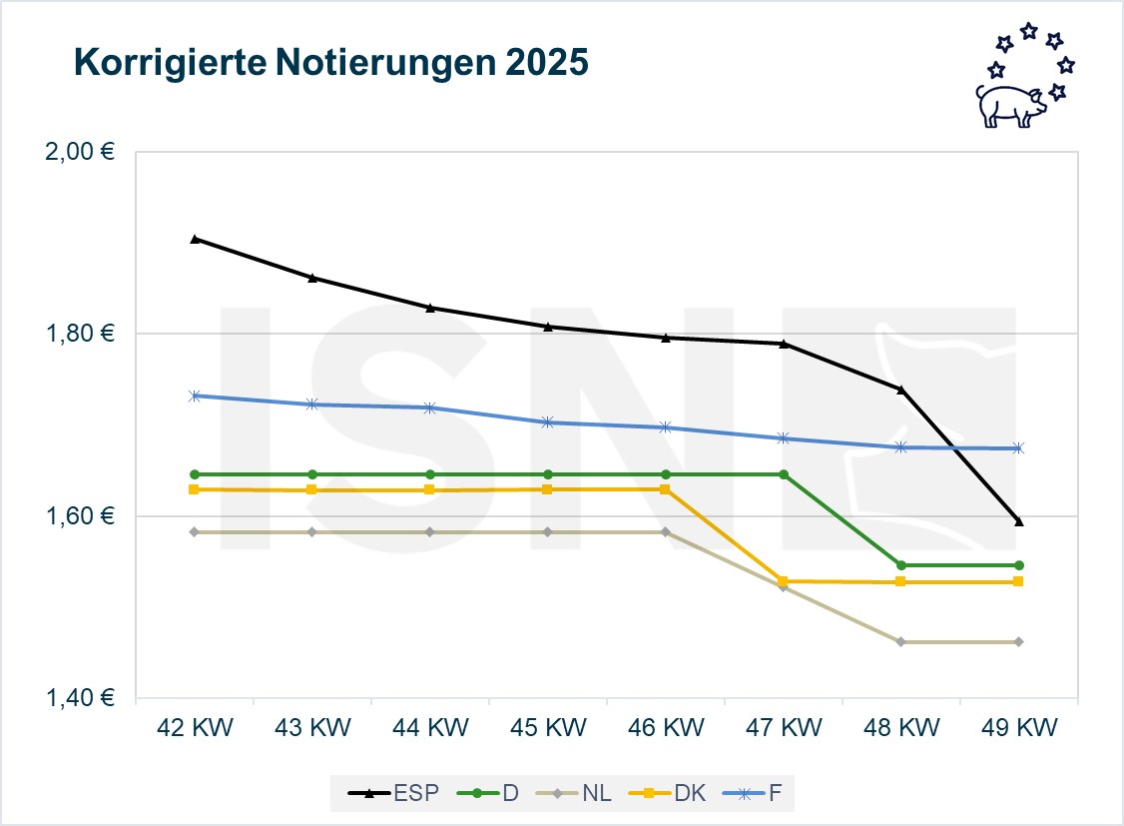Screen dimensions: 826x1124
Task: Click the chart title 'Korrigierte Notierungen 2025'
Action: [x=330, y=63]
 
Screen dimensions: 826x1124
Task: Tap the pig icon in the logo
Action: [x=1009, y=104]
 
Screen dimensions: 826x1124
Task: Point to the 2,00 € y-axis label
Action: [x=81, y=152]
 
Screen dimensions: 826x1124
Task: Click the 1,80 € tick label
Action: [x=81, y=334]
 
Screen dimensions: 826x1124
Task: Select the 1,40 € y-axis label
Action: [x=81, y=698]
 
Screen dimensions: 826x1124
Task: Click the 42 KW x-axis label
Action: [x=195, y=728]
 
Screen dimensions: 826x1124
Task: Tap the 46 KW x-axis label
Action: [x=666, y=728]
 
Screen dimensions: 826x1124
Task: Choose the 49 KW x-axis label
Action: [x=1018, y=728]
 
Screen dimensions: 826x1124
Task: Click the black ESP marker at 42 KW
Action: [x=195, y=239]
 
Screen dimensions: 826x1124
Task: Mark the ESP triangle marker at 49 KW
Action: [x=1018, y=521]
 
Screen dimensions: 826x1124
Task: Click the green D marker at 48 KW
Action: [x=901, y=565]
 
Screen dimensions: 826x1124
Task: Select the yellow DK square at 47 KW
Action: [x=784, y=581]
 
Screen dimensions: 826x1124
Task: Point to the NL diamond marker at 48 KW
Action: [x=901, y=641]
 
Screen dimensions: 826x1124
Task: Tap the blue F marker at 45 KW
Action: [x=547, y=422]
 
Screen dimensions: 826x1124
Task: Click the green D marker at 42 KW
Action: [x=195, y=474]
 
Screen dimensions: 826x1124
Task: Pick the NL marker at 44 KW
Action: [x=430, y=532]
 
